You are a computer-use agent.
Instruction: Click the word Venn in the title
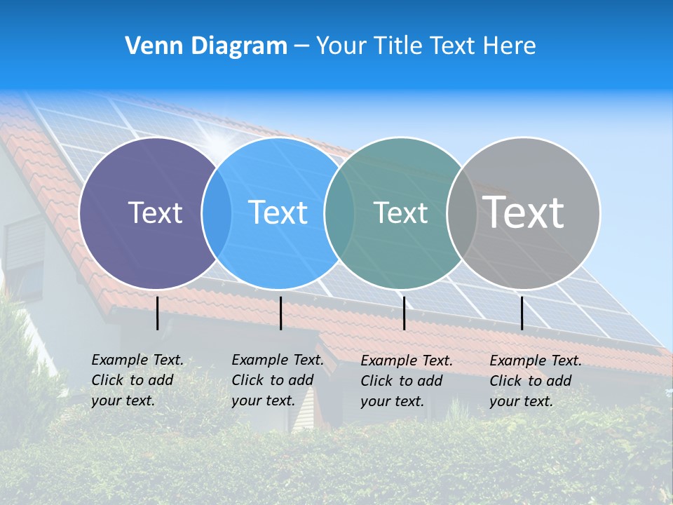coord(154,46)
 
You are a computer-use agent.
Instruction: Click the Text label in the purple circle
coord(155,213)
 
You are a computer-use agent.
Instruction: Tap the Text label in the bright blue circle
coord(278,213)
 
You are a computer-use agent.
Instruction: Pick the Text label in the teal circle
coord(400,213)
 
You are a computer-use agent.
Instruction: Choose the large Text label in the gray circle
coord(524,213)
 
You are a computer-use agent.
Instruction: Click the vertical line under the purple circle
coord(158,313)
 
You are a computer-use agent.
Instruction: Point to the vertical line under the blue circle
coord(280,313)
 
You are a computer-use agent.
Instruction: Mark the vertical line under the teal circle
coord(404,313)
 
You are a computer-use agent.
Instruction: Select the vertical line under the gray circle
coord(522,313)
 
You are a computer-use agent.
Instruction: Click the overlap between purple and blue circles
coord(217,213)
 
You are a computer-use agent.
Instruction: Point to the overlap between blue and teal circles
coord(339,213)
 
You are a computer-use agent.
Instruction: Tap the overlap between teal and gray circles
coord(461,213)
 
